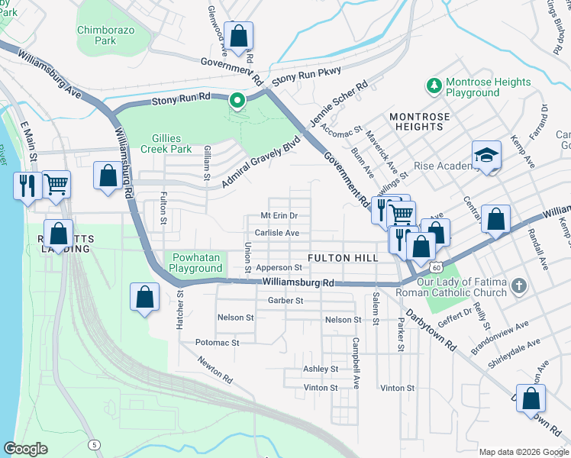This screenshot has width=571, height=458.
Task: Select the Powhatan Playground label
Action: pos(196,263)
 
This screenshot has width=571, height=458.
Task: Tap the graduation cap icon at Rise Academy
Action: pos(486,156)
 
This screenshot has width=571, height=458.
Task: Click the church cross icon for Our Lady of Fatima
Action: pos(518,287)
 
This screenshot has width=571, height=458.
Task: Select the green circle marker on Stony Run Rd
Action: pos(237,99)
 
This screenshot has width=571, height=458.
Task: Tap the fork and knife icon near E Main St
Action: pos(27,185)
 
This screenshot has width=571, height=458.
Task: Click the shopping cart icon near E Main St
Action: pos(56,184)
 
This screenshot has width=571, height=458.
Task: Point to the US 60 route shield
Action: pos(435,267)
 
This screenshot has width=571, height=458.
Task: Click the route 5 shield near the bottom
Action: pos(92,443)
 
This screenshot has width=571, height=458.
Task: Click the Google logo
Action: pos(26,448)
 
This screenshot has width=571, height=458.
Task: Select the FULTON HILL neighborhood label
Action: pos(342,258)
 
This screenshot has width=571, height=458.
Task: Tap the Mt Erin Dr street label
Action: pos(278,216)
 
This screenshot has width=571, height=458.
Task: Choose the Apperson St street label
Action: pos(279,268)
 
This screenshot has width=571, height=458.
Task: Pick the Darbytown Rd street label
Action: pos(431,329)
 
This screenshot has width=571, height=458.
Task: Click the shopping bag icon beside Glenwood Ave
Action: pos(238,36)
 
